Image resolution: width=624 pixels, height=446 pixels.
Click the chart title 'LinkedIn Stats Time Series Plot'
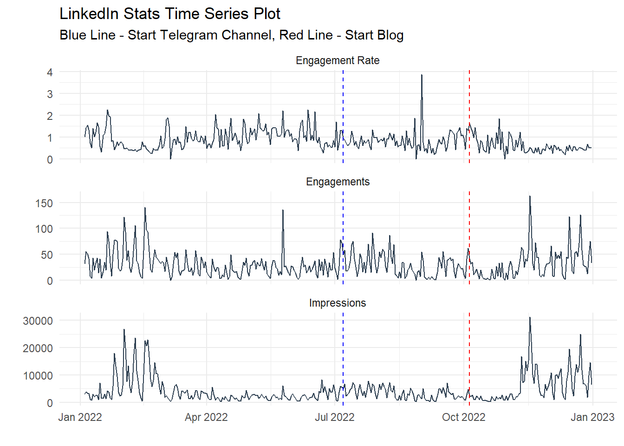pos(170,14)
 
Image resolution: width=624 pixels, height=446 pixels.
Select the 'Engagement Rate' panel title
pos(338,61)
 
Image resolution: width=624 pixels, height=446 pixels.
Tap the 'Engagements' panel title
pos(338,182)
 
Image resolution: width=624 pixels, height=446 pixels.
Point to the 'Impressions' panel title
pos(338,303)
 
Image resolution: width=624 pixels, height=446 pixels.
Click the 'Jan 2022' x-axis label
pos(80,417)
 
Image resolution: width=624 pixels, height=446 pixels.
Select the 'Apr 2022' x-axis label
pos(206,417)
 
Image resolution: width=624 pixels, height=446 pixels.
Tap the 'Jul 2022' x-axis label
pos(334,417)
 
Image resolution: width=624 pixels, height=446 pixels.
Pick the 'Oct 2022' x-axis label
pos(463,417)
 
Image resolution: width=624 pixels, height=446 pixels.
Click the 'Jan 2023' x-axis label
pos(592,417)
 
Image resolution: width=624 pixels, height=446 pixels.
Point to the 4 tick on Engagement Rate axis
pos(50,72)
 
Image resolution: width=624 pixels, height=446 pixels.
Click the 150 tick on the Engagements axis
pos(44,203)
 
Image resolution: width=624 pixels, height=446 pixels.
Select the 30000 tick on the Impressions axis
pos(38,321)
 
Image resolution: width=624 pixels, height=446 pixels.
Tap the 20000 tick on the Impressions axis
pos(38,348)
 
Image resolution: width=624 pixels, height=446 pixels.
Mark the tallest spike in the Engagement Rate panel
pos(422,76)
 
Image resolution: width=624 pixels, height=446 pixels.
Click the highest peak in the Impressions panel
pos(530,318)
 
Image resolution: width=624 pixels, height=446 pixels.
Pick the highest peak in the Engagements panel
pos(530,197)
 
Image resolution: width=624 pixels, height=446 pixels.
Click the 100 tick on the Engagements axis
pos(44,229)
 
